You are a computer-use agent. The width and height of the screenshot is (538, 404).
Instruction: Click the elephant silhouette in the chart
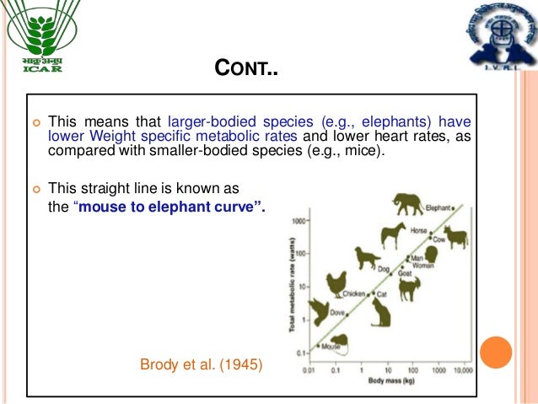point(409,204)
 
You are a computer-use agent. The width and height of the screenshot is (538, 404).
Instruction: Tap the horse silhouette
point(393,235)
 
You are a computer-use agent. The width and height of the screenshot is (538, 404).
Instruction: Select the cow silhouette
point(455,236)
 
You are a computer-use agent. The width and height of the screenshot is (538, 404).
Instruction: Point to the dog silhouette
point(368,257)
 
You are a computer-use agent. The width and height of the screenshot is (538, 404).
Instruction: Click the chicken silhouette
point(336,283)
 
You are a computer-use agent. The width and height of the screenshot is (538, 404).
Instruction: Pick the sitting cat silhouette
point(382,313)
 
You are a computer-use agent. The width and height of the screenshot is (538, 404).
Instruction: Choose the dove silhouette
point(319,311)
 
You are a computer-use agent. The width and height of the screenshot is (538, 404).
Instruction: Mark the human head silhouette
point(431,255)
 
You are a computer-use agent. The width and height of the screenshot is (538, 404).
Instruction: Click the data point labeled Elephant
point(453,207)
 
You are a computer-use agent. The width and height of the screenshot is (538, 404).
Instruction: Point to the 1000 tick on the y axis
point(298,221)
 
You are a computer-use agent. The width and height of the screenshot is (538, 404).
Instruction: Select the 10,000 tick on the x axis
point(463,370)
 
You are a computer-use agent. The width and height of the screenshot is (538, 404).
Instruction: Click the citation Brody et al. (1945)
point(201,364)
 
